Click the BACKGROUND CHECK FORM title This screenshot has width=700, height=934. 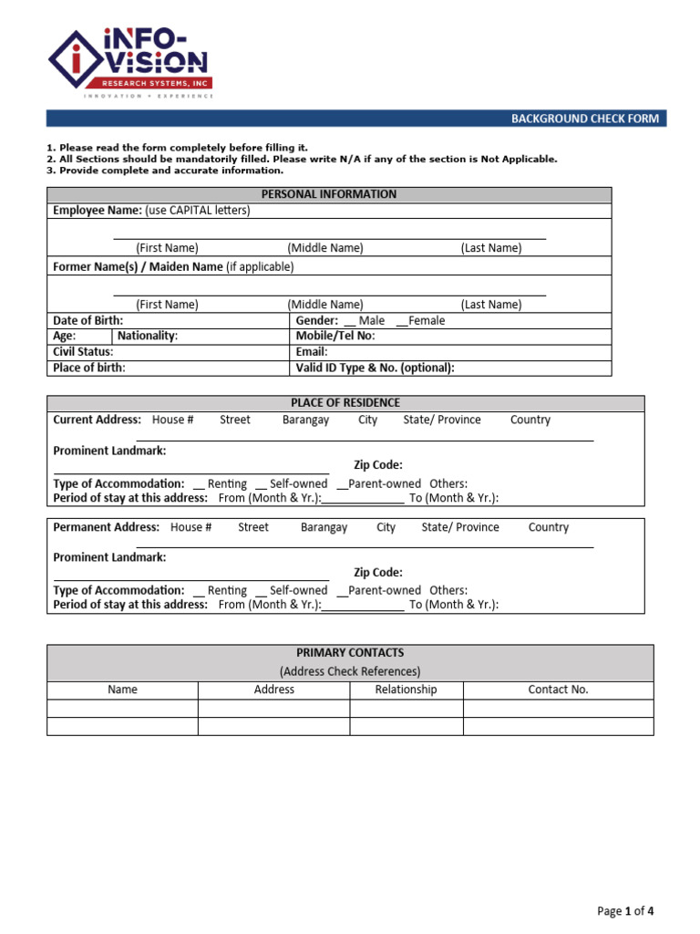tap(583, 119)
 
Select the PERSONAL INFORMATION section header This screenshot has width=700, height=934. tap(329, 194)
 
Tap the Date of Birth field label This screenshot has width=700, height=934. tap(87, 321)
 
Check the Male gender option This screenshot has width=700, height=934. tap(351, 321)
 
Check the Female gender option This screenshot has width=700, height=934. tap(402, 321)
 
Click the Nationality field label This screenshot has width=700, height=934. tap(148, 336)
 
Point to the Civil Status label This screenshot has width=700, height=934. tap(83, 351)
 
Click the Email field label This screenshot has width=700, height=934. tap(311, 351)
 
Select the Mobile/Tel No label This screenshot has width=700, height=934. tap(335, 336)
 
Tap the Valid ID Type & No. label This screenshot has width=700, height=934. tap(375, 368)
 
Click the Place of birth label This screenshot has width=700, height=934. tap(89, 368)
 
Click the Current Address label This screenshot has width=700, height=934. tap(98, 420)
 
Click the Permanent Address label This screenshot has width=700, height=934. tap(106, 527)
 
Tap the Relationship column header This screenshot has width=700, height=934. tap(406, 690)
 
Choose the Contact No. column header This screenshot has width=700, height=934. tap(558, 690)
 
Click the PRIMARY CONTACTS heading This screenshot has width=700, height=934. tap(350, 653)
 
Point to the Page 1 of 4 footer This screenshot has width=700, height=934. tap(625, 911)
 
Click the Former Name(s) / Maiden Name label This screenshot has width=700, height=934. tap(138, 267)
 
